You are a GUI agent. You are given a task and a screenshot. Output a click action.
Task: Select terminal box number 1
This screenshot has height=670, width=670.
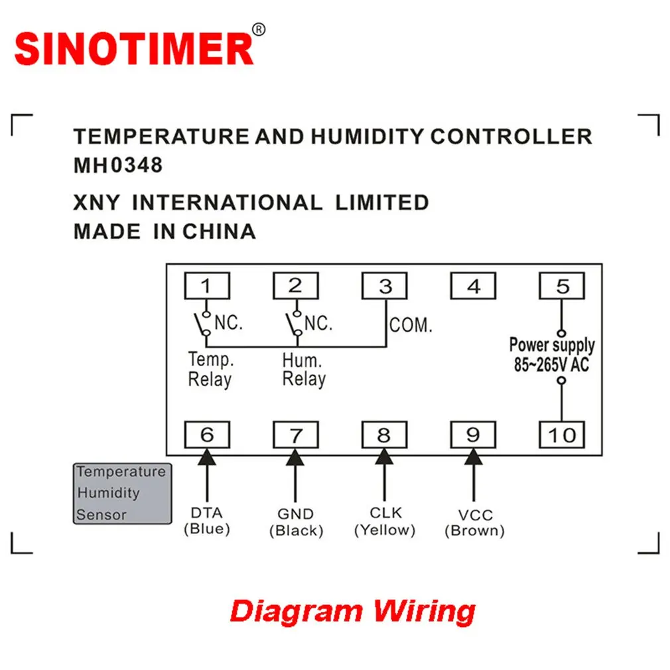206,286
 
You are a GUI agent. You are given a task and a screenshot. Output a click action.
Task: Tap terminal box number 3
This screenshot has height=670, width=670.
385,286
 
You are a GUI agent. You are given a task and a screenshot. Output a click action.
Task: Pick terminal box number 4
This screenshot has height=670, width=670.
473,286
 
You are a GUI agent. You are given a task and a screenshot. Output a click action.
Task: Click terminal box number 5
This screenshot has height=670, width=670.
562,286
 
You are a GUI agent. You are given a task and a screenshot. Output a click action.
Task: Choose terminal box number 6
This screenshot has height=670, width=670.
206,435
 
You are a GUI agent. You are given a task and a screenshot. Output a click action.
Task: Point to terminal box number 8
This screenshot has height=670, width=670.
384,435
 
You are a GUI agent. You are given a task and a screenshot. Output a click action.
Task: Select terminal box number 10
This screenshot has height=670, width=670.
562,435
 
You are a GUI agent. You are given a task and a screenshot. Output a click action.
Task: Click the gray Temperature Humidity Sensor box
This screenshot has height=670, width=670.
122,493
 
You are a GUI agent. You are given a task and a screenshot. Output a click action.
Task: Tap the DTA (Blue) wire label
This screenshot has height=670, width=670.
206,521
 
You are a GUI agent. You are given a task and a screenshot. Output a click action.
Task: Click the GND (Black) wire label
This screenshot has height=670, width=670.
296,522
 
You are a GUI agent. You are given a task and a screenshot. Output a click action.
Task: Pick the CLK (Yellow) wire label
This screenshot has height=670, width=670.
385,521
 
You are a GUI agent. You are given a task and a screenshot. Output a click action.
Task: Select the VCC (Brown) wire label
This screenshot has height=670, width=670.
474,523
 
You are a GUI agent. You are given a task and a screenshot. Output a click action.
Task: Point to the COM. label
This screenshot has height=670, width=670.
411,326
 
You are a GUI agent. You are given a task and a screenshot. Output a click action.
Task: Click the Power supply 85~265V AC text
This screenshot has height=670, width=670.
552,355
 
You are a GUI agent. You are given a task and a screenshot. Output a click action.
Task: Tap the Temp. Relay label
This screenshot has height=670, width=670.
210,369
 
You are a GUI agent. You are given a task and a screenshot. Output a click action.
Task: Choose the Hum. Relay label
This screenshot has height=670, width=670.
304,369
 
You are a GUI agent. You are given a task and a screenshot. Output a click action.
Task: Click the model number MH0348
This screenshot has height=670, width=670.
118,165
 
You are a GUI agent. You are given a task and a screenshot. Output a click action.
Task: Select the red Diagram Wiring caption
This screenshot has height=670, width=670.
352,610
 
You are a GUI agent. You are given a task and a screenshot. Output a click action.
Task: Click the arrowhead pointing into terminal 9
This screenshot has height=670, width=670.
473,457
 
